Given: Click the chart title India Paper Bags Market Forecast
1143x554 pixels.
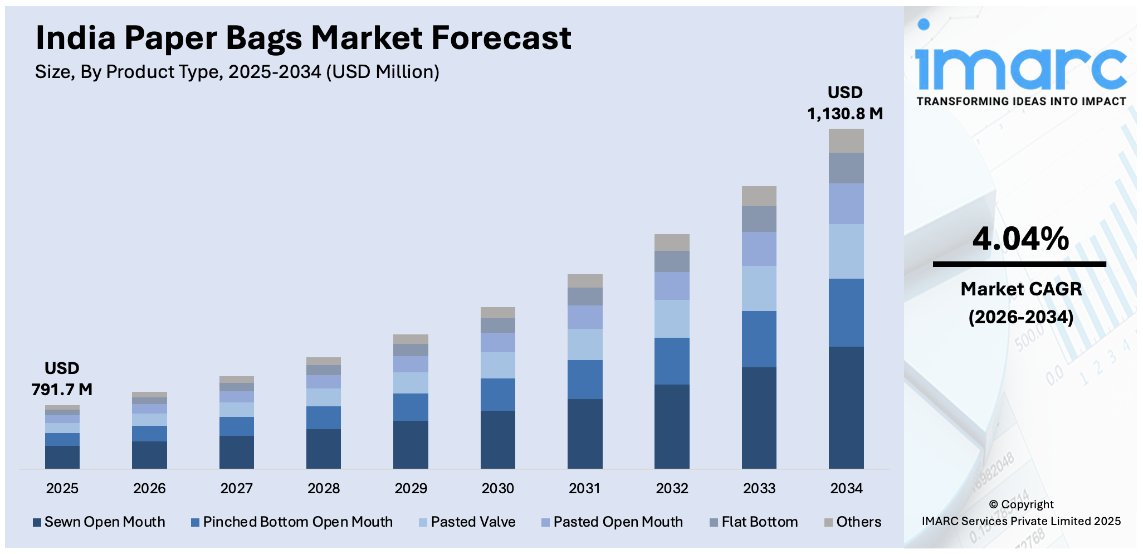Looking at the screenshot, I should (303, 38).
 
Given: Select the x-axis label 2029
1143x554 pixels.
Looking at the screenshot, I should (411, 489).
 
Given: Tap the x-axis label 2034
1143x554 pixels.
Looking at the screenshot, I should (846, 489).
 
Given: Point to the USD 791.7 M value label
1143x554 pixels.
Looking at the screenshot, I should (62, 379).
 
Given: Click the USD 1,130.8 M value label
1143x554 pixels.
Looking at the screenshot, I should (845, 103).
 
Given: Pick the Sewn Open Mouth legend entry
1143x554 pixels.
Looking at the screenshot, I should (99, 522).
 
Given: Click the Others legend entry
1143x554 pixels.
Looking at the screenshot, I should (853, 522).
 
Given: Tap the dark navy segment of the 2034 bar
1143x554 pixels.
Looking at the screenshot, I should (846, 407).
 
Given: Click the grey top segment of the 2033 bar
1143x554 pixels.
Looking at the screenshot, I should (759, 196).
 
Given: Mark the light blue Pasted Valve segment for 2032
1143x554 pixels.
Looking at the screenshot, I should (672, 319).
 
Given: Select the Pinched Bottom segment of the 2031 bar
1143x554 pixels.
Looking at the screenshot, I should (585, 380).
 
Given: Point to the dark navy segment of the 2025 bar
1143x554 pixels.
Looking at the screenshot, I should (62, 457).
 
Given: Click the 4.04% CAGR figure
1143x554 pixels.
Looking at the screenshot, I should (1020, 239).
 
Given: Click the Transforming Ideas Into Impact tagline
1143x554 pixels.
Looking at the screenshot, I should (1021, 101).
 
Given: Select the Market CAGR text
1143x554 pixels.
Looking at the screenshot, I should (1021, 289).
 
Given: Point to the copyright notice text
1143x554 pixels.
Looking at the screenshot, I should (1021, 513).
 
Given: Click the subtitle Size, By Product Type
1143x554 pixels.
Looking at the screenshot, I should (237, 72).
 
